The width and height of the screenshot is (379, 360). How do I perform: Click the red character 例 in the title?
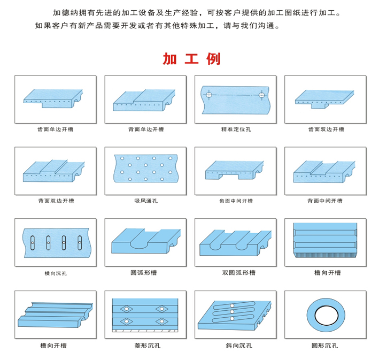213,59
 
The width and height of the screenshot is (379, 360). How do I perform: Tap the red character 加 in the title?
169,59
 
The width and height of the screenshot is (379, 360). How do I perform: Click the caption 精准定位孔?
236,129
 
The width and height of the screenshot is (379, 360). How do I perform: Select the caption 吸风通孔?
146,201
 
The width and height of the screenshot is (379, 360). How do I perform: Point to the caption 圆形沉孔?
324,346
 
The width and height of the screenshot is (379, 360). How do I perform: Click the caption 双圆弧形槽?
239,273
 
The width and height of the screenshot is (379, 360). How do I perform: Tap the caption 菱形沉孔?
148,346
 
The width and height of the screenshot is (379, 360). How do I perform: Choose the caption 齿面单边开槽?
56,129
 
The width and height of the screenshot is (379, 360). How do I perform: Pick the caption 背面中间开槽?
325,201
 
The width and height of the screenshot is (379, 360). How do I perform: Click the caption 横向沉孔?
56,273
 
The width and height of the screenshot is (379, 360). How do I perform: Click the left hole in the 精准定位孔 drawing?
209,94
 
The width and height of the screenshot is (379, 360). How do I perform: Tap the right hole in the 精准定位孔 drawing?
261,95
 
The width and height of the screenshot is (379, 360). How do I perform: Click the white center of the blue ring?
326,316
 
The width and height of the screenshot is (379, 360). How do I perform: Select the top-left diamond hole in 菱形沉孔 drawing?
126,309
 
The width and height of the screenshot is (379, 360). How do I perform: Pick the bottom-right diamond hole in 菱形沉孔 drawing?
162,321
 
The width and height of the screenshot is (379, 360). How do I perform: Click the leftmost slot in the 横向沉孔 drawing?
33,243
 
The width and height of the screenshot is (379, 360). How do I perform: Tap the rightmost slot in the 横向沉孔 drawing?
80,243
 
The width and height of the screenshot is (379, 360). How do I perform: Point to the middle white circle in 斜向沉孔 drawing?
232,312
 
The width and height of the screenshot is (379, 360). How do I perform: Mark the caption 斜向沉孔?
239,346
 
